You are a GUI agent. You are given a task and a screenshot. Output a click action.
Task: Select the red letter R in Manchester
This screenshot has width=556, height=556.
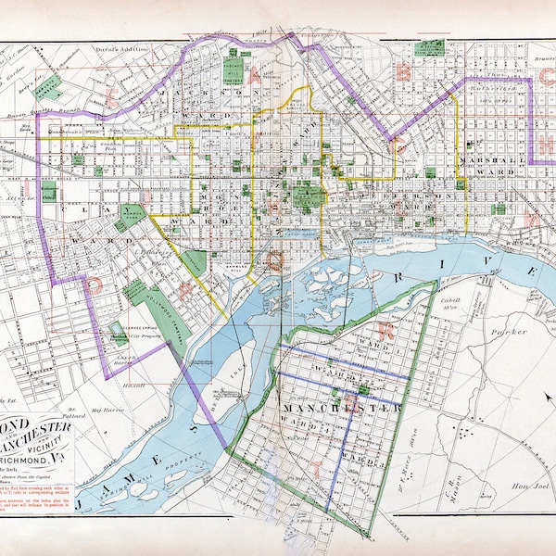[x=391, y=329]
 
